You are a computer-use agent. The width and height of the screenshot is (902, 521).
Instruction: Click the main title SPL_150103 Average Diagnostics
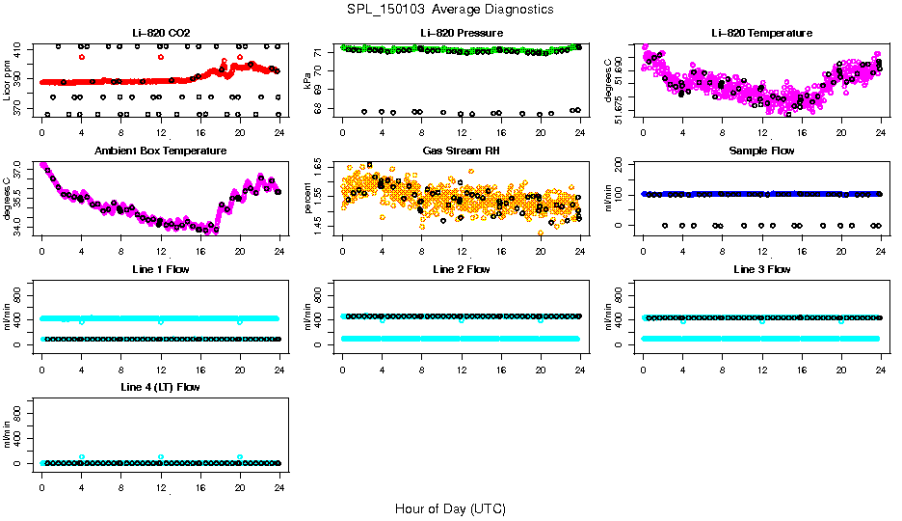[x=451, y=9]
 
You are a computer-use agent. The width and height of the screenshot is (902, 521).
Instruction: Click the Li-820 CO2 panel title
[x=161, y=33]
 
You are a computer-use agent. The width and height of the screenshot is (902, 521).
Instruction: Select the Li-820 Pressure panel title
[x=462, y=33]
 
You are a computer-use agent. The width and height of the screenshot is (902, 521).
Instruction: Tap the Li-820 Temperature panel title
[x=761, y=33]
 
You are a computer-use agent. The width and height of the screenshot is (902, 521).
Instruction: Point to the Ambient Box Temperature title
[x=161, y=151]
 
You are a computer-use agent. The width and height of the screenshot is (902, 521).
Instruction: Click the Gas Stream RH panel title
[x=462, y=151]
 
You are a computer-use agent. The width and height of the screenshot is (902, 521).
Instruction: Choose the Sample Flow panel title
[x=761, y=151]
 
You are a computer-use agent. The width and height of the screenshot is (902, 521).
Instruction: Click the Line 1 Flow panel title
[x=161, y=269]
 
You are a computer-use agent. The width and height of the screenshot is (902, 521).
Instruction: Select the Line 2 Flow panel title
[x=462, y=269]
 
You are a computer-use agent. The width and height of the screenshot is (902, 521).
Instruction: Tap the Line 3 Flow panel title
[x=761, y=269]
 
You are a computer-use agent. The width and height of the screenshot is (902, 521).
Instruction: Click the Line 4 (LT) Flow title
[x=161, y=388]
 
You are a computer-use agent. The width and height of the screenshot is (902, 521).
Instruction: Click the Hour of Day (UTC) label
[x=450, y=508]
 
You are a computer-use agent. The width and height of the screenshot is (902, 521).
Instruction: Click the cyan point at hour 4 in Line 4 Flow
[x=82, y=456]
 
